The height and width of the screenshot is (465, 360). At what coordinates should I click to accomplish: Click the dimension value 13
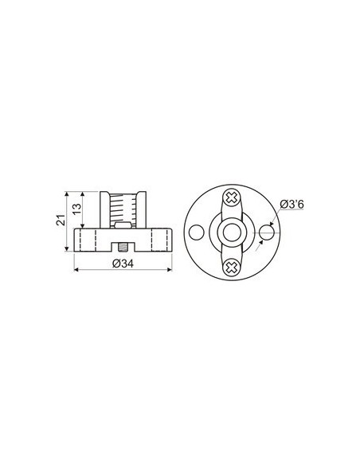(76, 209)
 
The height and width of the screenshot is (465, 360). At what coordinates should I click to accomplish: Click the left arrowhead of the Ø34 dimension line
(76, 271)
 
